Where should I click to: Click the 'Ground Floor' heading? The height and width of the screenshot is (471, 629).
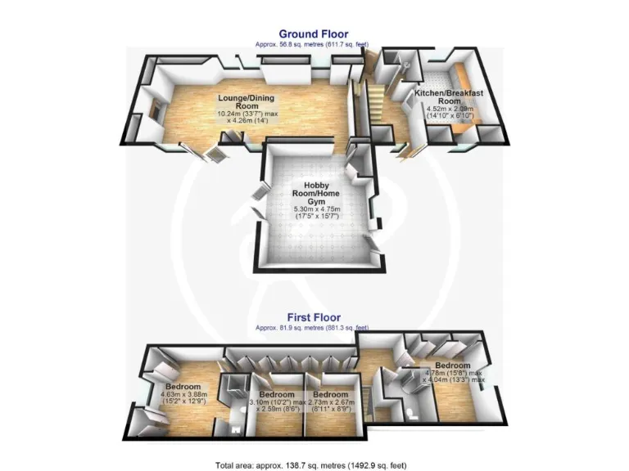pos(314,35)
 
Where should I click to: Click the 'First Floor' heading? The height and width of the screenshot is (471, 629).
pos(314,317)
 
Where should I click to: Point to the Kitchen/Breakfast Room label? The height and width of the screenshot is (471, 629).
pos(448,98)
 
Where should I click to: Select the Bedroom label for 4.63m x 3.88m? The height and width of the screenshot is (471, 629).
pos(184,386)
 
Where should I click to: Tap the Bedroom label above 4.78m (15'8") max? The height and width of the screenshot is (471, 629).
pos(452,366)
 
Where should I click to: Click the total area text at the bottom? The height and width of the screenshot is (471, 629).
pos(314,464)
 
